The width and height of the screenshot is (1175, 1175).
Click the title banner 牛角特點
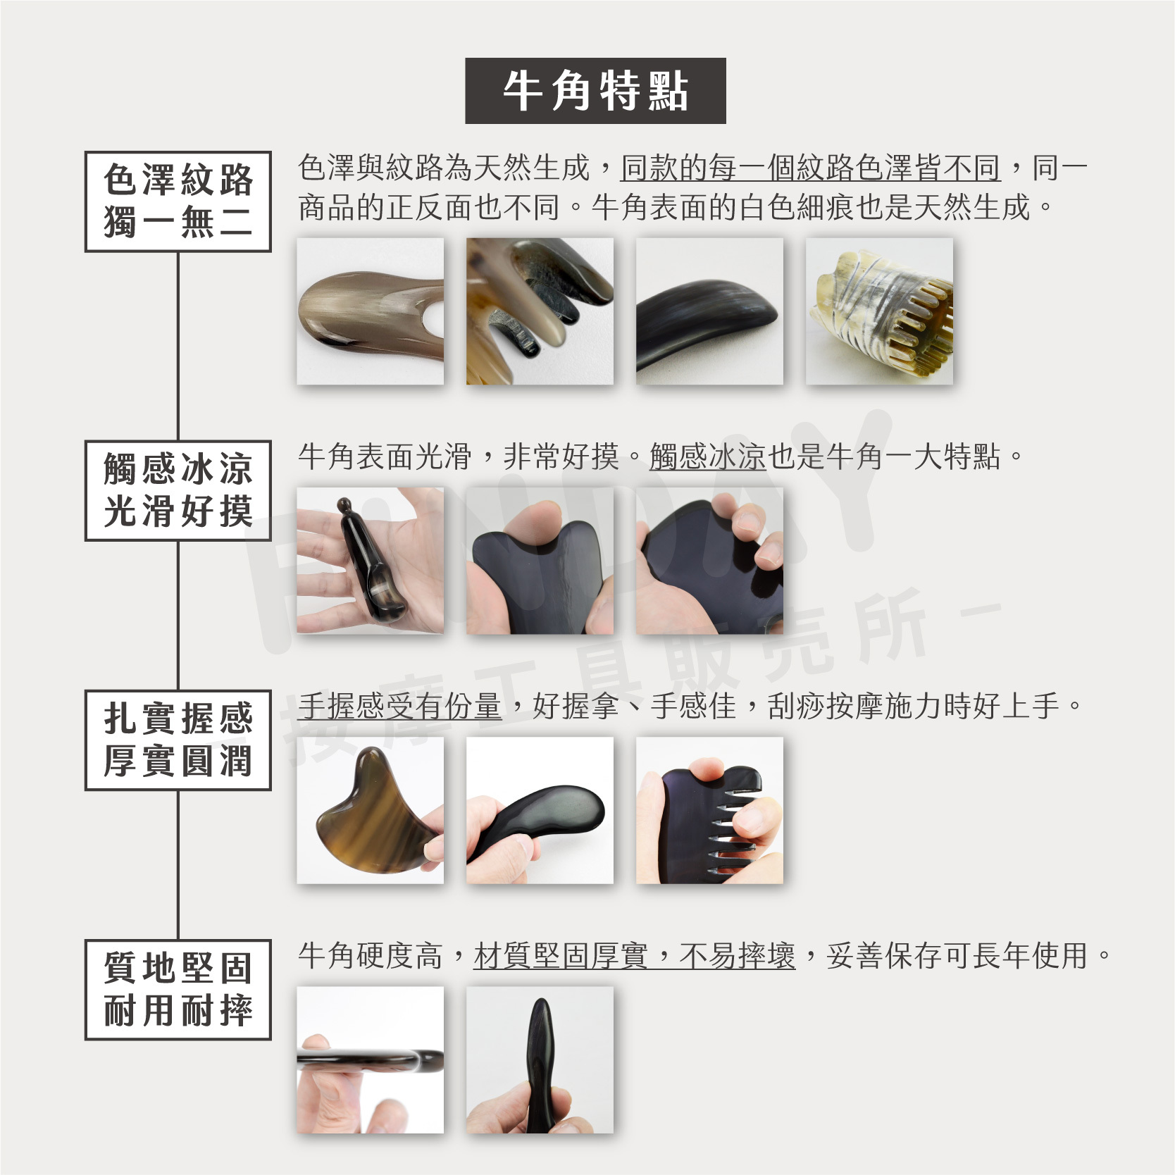click(595, 91)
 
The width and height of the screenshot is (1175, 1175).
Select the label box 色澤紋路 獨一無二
click(178, 201)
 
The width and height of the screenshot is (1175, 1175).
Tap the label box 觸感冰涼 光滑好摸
click(178, 490)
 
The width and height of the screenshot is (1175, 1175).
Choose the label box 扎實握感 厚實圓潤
click(178, 740)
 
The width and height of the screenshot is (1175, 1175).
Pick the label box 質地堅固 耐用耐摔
click(178, 989)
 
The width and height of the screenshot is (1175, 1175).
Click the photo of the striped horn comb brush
click(879, 311)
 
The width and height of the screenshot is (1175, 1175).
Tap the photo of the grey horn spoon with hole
click(371, 311)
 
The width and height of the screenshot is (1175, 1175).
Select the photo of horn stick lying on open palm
click(371, 561)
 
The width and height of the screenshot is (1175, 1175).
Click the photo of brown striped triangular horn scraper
click(371, 810)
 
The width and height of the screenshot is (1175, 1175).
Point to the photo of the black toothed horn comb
click(709, 810)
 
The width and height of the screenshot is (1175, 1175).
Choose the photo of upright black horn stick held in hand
click(540, 1059)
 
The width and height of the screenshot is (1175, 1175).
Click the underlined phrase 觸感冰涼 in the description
click(707, 457)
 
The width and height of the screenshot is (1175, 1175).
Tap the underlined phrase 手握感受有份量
click(399, 707)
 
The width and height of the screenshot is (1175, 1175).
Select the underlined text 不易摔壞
click(737, 956)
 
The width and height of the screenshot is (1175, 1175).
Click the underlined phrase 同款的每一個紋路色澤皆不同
click(810, 168)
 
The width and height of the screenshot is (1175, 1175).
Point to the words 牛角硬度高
click(371, 956)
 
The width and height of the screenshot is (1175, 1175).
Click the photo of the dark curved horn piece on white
click(709, 311)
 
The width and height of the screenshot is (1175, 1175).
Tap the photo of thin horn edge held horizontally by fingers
click(371, 1059)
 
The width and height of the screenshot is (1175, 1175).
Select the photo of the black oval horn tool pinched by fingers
click(540, 810)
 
